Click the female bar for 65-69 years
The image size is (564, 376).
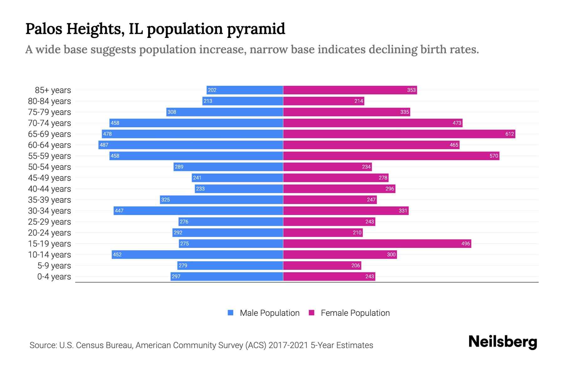(x=399, y=134)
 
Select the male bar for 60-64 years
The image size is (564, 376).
(x=191, y=145)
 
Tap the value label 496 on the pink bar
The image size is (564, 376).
(x=466, y=244)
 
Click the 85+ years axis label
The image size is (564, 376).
(x=53, y=90)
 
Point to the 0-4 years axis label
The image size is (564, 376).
(x=54, y=277)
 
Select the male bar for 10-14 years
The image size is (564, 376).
(x=197, y=255)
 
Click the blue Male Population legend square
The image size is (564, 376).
(x=231, y=313)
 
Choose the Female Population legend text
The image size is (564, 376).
(x=355, y=313)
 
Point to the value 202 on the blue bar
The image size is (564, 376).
(x=212, y=90)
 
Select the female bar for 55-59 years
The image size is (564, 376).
(x=391, y=156)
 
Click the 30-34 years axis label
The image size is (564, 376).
(x=50, y=211)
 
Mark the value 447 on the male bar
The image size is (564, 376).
(x=119, y=211)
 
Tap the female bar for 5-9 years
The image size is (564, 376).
(x=322, y=266)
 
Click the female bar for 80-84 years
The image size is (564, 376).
(x=324, y=101)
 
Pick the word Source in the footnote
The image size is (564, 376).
(x=43, y=345)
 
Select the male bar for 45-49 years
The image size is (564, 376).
(x=237, y=178)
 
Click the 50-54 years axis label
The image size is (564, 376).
(x=50, y=167)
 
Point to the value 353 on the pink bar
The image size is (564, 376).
(x=411, y=90)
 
